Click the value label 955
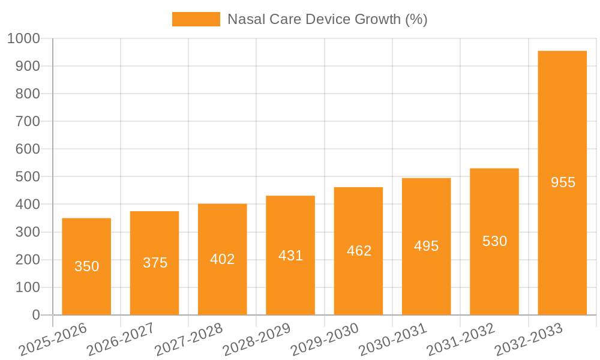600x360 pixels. (563, 182)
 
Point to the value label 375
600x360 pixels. (155, 263)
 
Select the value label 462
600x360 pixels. (359, 251)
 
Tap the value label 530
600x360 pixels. (494, 241)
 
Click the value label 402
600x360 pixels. (223, 259)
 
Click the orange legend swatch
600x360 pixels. (196, 19)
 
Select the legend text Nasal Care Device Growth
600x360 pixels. (327, 19)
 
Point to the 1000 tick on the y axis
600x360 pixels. (23, 38)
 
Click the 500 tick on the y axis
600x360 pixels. (28, 177)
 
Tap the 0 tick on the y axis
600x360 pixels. (35, 315)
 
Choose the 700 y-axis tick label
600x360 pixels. (28, 121)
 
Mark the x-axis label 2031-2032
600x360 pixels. (461, 340)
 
